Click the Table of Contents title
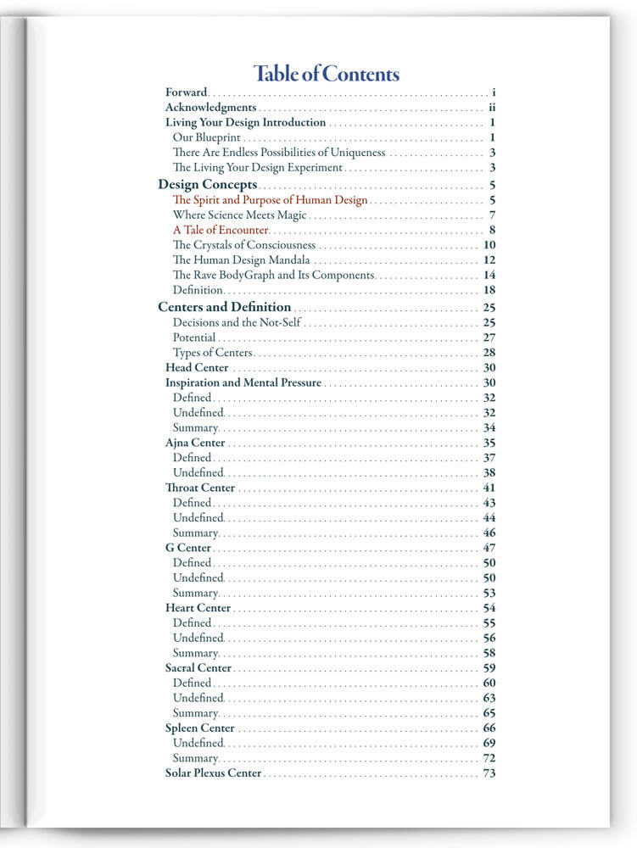pos(327,74)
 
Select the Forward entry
pos(186,92)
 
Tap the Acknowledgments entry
pos(210,108)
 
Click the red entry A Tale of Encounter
pos(221,230)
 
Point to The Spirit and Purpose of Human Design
pos(270,200)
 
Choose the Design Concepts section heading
pos(208,184)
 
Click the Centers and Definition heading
pos(225,307)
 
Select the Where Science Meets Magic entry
pos(239,215)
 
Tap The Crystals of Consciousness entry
pos(243,245)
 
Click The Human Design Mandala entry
pos(241,260)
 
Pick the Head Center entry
pos(197,368)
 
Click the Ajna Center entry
pos(195,443)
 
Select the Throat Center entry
pos(200,488)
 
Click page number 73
pos(489,773)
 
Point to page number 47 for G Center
pos(489,548)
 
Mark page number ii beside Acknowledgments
pos(492,108)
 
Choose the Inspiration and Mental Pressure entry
pos(243,382)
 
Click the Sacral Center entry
pos(198,668)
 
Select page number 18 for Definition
pos(489,290)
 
